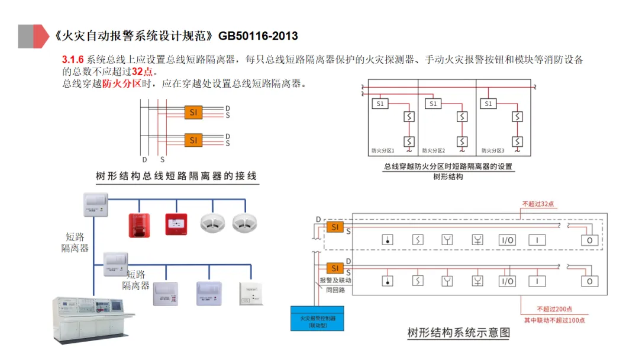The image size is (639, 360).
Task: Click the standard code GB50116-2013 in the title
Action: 258,36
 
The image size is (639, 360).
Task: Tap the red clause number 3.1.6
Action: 73,60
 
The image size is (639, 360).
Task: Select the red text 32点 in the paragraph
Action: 141,72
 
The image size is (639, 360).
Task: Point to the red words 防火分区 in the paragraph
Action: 122,83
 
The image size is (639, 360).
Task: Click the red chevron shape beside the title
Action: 41,36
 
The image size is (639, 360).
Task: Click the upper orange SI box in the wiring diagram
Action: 193,112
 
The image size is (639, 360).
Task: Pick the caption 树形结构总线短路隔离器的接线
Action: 177,176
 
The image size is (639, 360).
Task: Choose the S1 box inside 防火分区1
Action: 380,104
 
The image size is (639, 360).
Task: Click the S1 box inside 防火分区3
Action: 488,104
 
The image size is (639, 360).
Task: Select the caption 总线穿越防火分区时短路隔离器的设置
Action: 448,166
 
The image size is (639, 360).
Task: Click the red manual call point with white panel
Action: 176,224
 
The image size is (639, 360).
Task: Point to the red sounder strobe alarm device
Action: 140,224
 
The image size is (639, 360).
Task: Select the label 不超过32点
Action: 538,204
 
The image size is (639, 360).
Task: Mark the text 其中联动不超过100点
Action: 554,320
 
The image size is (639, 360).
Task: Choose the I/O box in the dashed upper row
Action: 508,240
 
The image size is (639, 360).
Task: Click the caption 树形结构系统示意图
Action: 459,333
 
